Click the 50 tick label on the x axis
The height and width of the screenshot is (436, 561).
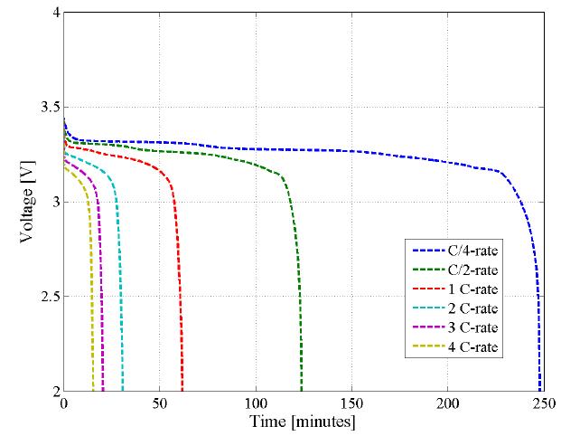pos(160,403)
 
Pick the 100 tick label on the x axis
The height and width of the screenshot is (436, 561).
pos(256,403)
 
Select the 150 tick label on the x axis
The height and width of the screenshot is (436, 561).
pos(351,403)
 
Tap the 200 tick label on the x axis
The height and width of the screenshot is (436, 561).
pos(447,403)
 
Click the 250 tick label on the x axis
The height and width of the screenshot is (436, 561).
pos(543,403)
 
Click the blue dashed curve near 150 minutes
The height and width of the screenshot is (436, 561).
pos(351,150)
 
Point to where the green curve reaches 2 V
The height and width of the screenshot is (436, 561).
pos(302,390)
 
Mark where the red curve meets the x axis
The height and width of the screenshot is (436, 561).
pos(182,390)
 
